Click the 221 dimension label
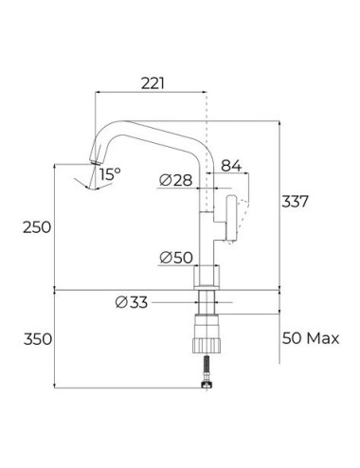[153, 83]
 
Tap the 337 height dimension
[295, 202]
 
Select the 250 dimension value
[37, 227]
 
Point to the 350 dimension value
[38, 339]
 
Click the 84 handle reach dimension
[231, 166]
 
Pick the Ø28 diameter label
[176, 180]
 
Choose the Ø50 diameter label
[176, 258]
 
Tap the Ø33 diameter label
[132, 302]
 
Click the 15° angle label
[111, 174]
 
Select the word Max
[323, 338]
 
